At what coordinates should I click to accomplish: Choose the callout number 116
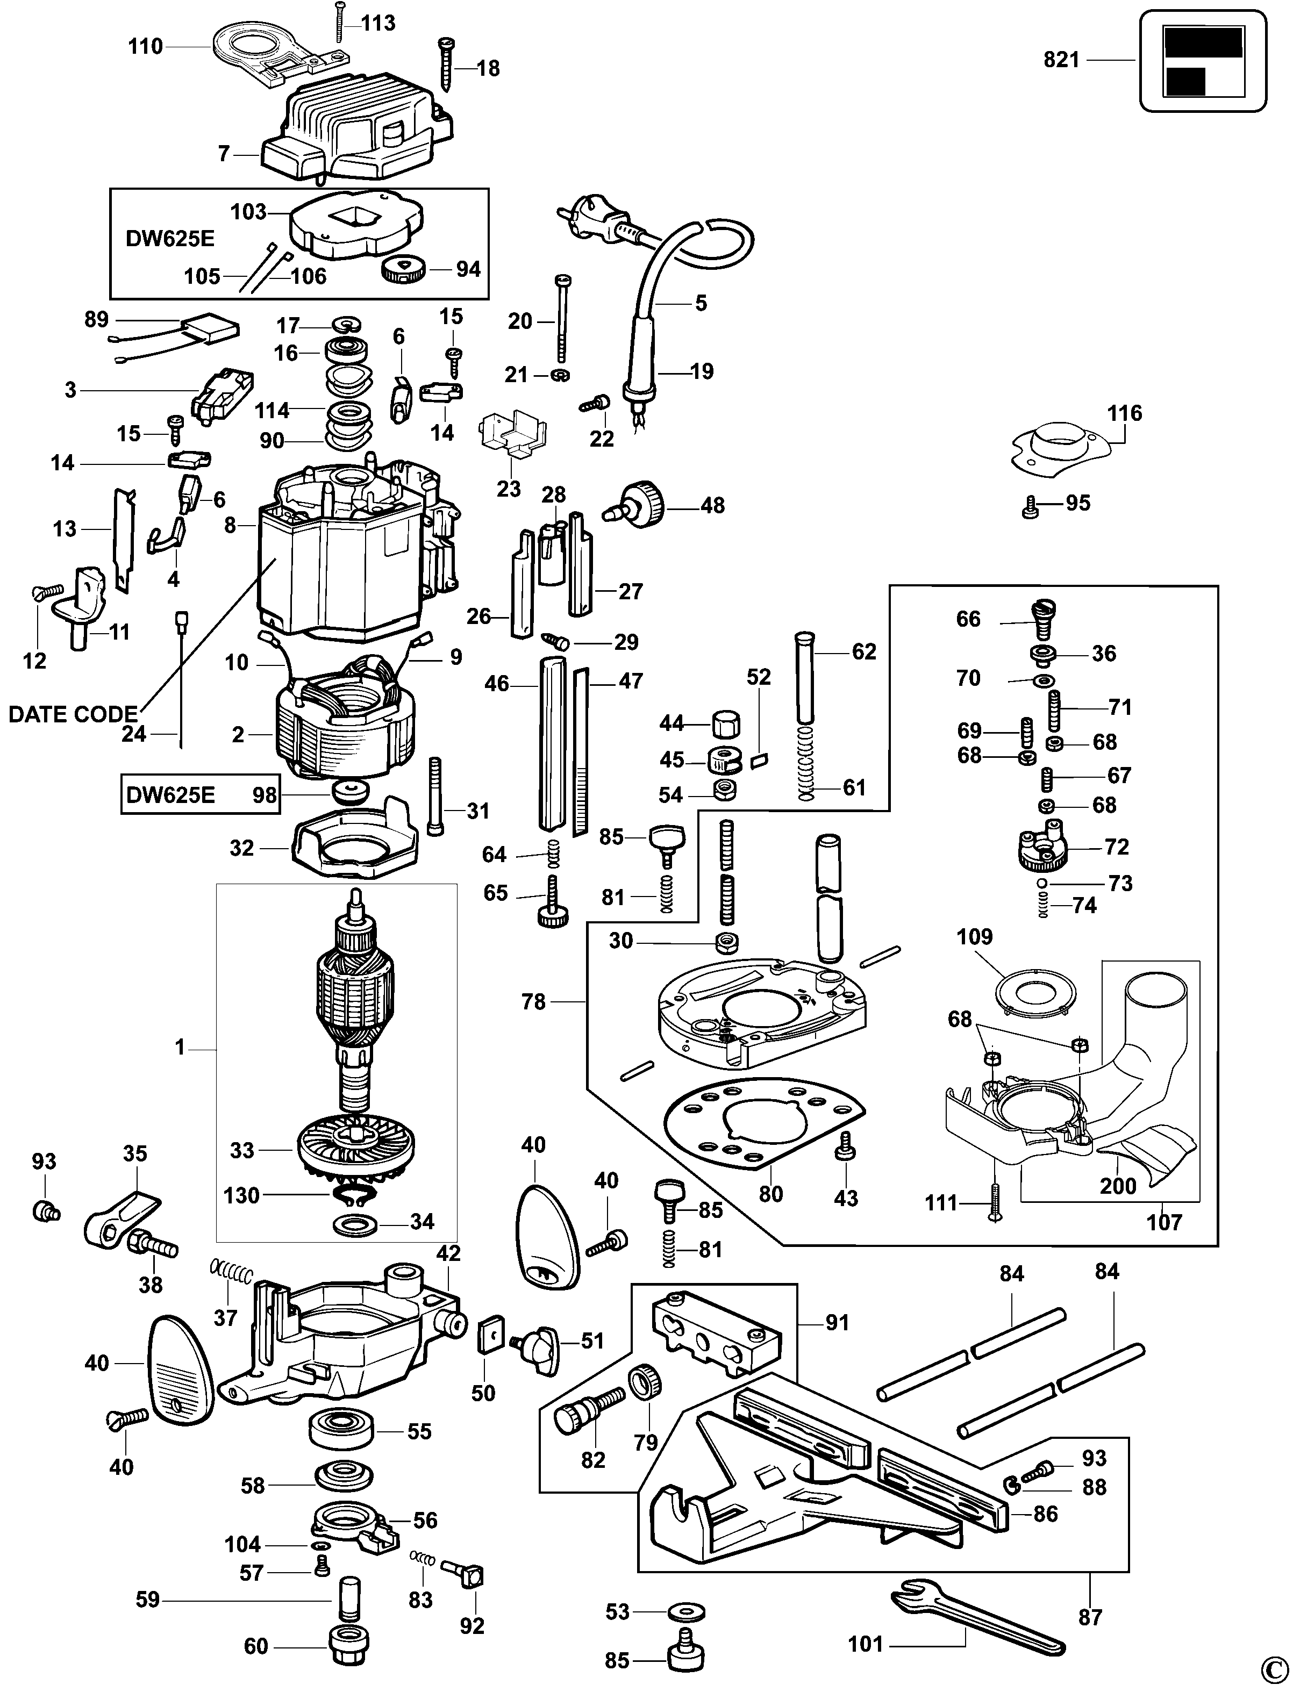click(x=1124, y=413)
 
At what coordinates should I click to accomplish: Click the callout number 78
click(x=533, y=1002)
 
